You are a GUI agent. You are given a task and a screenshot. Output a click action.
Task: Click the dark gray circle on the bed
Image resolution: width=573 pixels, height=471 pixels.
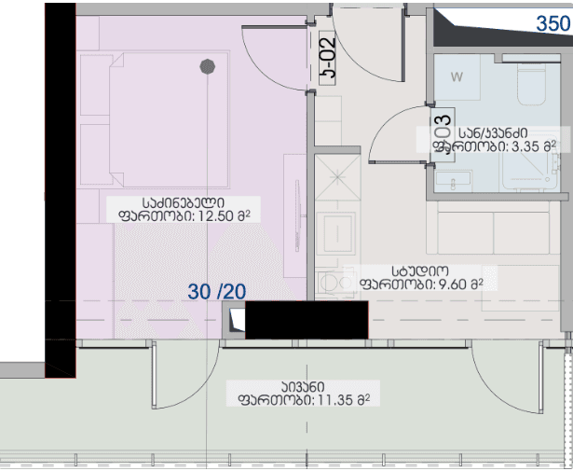click(x=209, y=66)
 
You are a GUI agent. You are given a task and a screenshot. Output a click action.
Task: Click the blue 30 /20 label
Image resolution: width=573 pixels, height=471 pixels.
click(x=216, y=292)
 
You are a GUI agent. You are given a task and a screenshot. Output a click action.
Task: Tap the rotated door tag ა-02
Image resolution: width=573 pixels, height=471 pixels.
click(x=328, y=61)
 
